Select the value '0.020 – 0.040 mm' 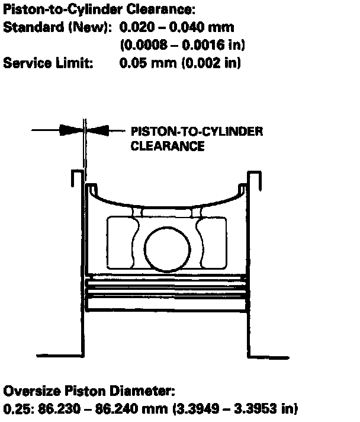point(176,27)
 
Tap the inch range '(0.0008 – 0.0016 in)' point(182,45)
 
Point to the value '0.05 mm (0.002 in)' point(180,63)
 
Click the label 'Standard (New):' point(57,27)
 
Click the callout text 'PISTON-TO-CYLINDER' point(197,132)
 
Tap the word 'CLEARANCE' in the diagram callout point(168,146)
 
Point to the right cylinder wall point(253,261)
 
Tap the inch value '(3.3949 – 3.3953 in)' point(237,409)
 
